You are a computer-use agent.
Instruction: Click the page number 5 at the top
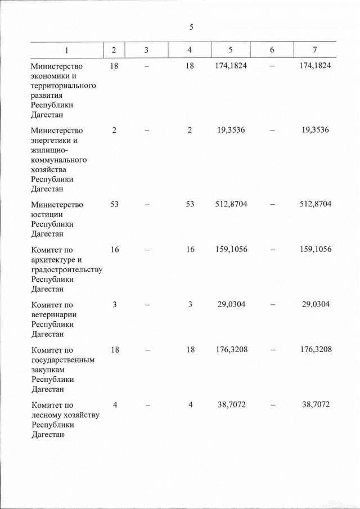(191, 27)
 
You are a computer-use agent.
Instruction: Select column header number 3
(146, 50)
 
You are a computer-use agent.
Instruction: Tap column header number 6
(272, 50)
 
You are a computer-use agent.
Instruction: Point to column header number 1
(66, 50)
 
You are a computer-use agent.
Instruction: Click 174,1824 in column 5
(231, 66)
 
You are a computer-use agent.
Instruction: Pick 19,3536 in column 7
(315, 130)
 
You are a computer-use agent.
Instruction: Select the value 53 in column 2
(114, 204)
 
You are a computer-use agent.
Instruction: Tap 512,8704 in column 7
(315, 204)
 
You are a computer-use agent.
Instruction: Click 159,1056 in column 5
(231, 249)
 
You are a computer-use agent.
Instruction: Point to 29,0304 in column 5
(231, 304)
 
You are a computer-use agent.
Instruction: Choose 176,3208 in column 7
(315, 349)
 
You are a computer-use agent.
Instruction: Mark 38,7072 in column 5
(231, 404)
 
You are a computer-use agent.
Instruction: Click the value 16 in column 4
(190, 249)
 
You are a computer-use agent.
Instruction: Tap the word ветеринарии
(54, 314)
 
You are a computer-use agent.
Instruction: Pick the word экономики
(51, 76)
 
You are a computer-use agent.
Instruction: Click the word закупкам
(49, 370)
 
